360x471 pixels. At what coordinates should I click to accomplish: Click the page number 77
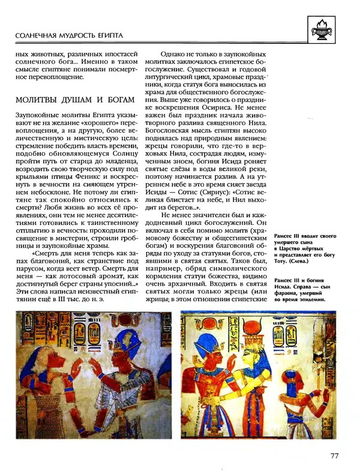pyautogui.click(x=335, y=455)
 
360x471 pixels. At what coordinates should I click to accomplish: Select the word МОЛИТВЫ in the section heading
pyautogui.click(x=37, y=99)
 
